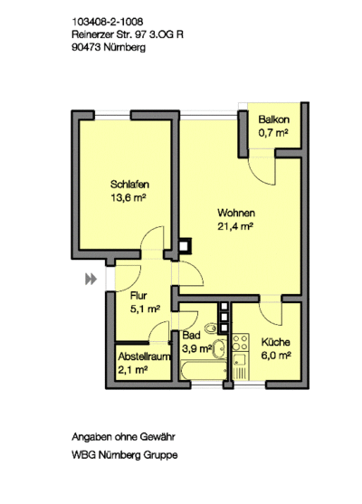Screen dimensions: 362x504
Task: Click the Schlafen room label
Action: tap(129, 185)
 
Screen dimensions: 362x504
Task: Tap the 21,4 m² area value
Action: tap(235, 226)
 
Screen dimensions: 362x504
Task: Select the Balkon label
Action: tap(274, 119)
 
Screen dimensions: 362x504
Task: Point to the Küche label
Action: tap(275, 342)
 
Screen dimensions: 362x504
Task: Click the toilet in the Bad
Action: tap(211, 328)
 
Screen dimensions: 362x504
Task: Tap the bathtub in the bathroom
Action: tap(204, 371)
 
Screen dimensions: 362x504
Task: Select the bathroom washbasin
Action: tap(220, 347)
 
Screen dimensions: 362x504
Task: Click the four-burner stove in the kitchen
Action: tap(241, 343)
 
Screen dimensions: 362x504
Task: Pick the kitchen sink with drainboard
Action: tap(239, 366)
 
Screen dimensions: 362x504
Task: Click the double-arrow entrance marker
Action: tap(91, 279)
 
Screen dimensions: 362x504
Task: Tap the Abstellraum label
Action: tap(144, 357)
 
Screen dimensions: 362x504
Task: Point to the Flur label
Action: tap(138, 295)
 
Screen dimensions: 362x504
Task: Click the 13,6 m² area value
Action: tap(129, 197)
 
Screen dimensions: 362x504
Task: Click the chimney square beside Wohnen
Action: tap(185, 246)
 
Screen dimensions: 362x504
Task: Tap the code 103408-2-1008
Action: tap(108, 22)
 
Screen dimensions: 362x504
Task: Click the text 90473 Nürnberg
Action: tap(109, 47)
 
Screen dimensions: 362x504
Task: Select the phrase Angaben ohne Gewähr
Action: tap(123, 437)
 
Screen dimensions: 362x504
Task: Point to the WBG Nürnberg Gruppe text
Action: tap(125, 455)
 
